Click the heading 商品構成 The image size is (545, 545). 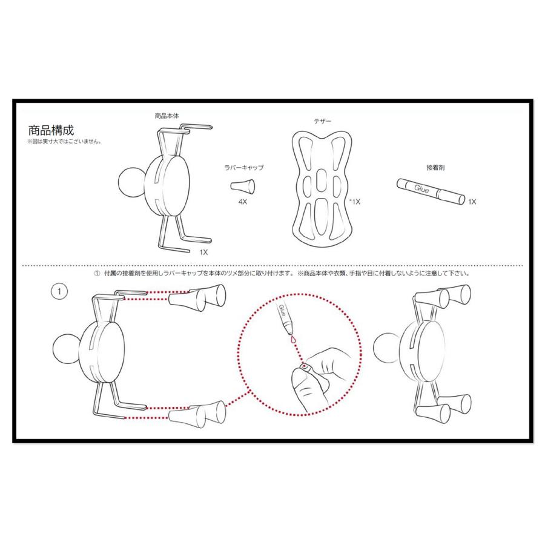click(51, 130)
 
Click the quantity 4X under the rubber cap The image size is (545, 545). click(242, 201)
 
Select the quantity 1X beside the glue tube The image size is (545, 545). click(472, 202)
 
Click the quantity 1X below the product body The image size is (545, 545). click(203, 251)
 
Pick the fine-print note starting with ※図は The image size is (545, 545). click(64, 143)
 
